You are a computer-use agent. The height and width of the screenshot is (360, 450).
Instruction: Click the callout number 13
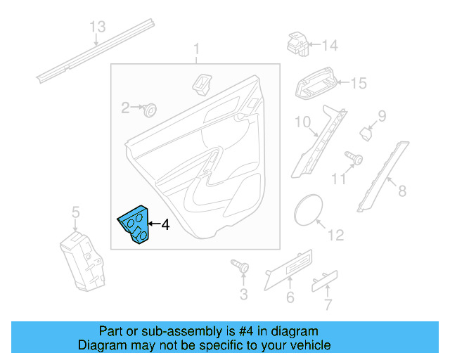tap(98, 27)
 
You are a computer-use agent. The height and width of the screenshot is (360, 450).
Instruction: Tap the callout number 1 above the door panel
tap(197, 49)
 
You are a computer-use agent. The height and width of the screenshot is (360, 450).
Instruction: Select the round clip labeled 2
tap(148, 109)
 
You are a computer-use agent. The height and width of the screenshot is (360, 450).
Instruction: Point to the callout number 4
tap(165, 225)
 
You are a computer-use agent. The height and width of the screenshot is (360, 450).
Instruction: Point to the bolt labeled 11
tap(354, 159)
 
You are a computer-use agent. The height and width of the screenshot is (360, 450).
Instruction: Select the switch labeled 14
tap(297, 44)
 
